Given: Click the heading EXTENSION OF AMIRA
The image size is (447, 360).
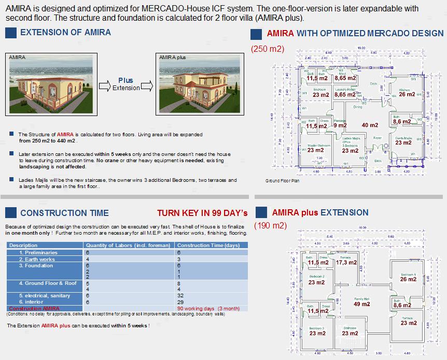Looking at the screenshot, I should (65, 32).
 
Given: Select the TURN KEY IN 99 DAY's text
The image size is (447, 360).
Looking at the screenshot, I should (202, 213).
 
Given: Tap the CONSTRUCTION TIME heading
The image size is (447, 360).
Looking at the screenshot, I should (64, 213).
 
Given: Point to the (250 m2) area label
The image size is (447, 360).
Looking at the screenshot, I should (268, 49).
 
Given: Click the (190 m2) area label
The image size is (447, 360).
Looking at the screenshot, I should (270, 226).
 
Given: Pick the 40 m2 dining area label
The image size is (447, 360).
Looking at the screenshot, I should (370, 125).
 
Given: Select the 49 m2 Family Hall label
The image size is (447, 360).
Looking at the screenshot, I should (361, 304).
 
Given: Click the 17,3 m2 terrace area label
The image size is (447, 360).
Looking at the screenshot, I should (346, 263).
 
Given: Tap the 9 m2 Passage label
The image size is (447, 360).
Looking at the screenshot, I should (340, 125).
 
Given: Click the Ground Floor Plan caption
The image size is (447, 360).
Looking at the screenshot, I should (282, 181).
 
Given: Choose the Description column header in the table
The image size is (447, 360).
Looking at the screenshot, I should (24, 245).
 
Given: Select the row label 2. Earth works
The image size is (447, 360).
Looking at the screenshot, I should (37, 259).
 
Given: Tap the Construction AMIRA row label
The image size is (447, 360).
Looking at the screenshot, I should (34, 308).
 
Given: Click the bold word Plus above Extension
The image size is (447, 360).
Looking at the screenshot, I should (125, 80).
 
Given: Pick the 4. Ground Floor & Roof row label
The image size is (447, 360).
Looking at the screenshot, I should (48, 283).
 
